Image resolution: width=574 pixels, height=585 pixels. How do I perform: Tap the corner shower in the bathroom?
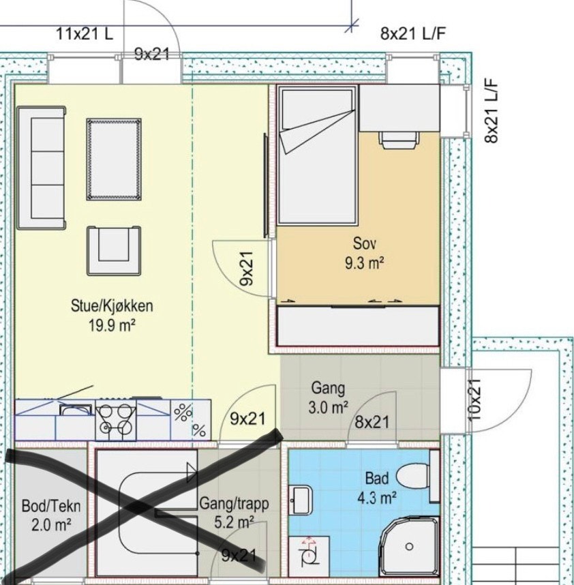(x=409, y=546)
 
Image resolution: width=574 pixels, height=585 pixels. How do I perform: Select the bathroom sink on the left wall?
(x=301, y=500)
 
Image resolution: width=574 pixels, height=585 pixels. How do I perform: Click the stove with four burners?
(x=116, y=420)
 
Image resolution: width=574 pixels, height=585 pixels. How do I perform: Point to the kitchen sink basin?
(x=76, y=409)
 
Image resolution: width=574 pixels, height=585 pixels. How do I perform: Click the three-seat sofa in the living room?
(x=42, y=168)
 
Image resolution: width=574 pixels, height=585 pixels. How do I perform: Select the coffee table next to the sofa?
(x=114, y=159)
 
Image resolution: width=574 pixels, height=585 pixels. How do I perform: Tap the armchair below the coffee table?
(x=114, y=250)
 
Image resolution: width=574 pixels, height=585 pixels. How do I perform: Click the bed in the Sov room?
(x=316, y=155)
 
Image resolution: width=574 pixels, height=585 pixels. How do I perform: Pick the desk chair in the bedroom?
(x=399, y=140)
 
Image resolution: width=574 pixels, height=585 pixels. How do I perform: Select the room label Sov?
(x=365, y=243)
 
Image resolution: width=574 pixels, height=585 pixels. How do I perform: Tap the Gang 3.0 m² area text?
(x=328, y=397)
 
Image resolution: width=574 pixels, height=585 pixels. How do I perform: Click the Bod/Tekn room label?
(x=51, y=507)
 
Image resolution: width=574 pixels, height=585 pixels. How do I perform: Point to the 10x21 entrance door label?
(x=474, y=399)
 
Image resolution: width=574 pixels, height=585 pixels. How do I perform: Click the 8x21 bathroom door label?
(x=372, y=422)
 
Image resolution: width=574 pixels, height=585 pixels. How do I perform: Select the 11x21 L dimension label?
(x=85, y=34)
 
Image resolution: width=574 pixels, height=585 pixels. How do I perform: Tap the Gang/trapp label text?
(x=234, y=504)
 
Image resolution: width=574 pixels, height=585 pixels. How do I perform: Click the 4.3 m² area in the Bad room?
(x=377, y=498)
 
